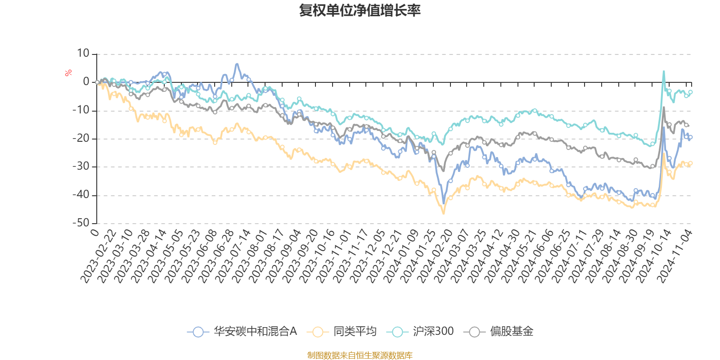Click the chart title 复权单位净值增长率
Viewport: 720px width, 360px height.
point(360,10)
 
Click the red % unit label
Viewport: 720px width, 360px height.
point(68,73)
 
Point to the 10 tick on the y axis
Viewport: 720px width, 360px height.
point(83,54)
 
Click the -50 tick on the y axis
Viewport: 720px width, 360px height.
point(81,223)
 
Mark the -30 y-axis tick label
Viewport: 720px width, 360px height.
point(81,166)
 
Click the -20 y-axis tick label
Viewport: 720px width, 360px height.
point(81,138)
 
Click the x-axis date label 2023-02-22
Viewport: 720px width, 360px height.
point(99,256)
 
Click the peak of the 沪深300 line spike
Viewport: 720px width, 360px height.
point(663,71)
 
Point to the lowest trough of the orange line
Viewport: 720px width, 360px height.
point(444,213)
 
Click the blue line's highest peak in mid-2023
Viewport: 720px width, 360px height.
point(237,63)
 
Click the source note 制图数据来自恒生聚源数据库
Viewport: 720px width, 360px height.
point(360,355)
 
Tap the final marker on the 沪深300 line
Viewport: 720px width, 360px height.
point(690,92)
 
